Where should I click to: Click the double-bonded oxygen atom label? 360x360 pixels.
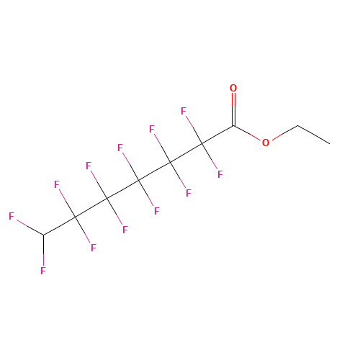click(x=233, y=88)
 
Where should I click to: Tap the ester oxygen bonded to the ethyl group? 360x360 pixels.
click(x=266, y=143)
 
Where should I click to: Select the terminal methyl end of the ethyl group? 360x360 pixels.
click(x=330, y=144)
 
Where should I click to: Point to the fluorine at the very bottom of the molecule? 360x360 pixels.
click(x=43, y=271)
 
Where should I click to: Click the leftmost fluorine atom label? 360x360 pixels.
click(x=12, y=216)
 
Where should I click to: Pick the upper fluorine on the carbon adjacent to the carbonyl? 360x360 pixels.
click(x=184, y=111)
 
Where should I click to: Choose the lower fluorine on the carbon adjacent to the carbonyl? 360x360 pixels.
click(x=220, y=174)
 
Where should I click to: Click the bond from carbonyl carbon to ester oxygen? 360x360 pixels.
click(x=247, y=133)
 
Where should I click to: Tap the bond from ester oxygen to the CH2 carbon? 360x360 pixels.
click(x=285, y=132)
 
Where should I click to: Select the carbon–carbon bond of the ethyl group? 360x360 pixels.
click(x=314, y=135)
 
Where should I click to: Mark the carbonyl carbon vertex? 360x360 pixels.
click(x=233, y=126)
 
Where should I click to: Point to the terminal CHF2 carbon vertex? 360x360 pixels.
click(x=43, y=235)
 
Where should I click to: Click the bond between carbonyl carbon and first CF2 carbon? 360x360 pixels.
click(x=217, y=135)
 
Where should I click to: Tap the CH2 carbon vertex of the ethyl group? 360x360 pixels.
click(x=298, y=125)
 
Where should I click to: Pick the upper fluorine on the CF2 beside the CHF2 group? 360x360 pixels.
click(x=56, y=184)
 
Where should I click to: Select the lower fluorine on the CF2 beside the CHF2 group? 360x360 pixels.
click(x=93, y=248)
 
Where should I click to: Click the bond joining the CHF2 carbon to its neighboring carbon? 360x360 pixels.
click(x=59, y=226)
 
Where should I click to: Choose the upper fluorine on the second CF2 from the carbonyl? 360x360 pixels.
click(x=152, y=129)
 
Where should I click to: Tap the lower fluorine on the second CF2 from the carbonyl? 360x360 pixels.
click(x=189, y=193)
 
